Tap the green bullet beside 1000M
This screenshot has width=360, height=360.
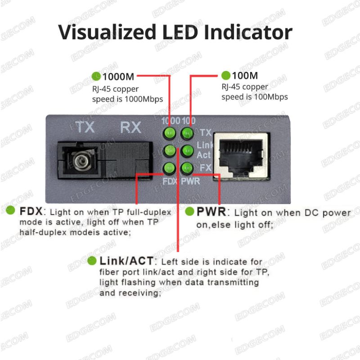(96, 76)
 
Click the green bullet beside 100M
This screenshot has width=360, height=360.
(226, 75)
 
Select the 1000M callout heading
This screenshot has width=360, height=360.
(118, 76)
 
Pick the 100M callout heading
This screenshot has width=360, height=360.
(245, 76)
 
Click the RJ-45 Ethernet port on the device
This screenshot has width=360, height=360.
(242, 156)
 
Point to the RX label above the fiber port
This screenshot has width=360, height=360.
(130, 127)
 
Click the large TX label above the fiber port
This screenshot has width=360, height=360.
(85, 127)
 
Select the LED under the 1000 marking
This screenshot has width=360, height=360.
(170, 133)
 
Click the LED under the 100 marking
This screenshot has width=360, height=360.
(187, 133)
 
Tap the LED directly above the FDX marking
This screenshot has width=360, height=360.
(169, 168)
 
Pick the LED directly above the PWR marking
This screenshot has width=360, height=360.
(187, 168)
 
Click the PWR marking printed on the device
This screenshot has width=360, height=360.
(190, 181)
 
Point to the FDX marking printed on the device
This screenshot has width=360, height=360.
(170, 181)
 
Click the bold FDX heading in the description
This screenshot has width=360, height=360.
(31, 211)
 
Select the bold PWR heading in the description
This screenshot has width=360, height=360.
(211, 211)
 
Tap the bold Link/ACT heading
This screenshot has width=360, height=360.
(126, 261)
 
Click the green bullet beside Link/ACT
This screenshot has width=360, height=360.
(92, 261)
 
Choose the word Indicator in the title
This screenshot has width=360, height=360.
(248, 32)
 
